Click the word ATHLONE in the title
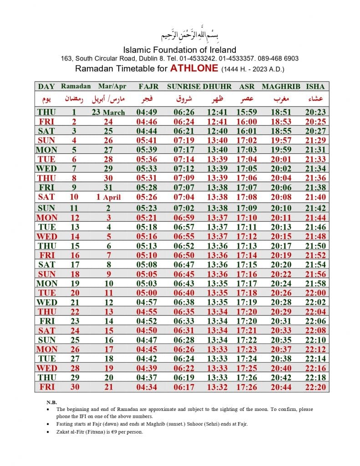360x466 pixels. (194, 69)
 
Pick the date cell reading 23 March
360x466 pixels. (108, 112)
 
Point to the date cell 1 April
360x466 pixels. (108, 197)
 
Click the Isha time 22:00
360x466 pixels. (315, 293)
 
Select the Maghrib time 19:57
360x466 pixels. (281, 140)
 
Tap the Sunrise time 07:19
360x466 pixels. (183, 140)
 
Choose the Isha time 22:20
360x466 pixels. (315, 387)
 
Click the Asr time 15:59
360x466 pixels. (246, 112)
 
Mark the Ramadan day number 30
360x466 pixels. (73, 387)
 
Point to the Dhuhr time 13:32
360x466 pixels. (217, 387)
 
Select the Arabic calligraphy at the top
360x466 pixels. (180, 35)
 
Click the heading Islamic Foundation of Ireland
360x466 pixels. (180, 50)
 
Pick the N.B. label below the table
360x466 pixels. (51, 402)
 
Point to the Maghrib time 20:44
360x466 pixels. (281, 387)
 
